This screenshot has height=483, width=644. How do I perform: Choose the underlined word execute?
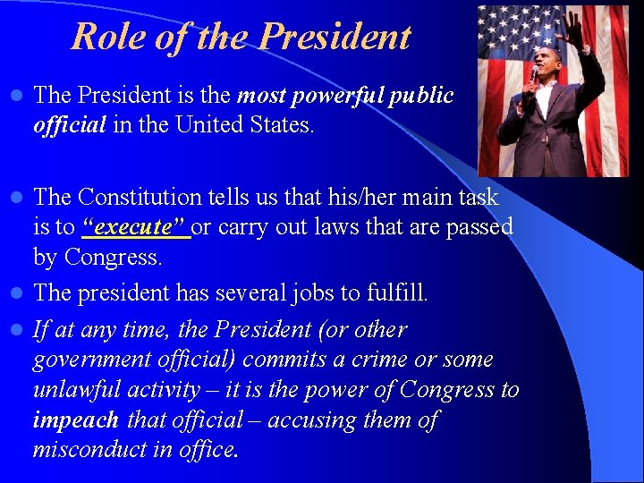134,226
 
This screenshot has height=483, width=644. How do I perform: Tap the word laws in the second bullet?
341,226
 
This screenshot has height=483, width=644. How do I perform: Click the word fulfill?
395,292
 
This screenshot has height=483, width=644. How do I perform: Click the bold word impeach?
75,420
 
